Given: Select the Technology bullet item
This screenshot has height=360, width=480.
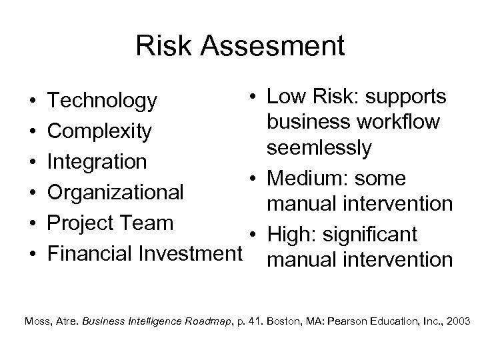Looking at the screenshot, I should coord(104,101).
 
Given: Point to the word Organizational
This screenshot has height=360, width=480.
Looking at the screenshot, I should coord(117,193).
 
